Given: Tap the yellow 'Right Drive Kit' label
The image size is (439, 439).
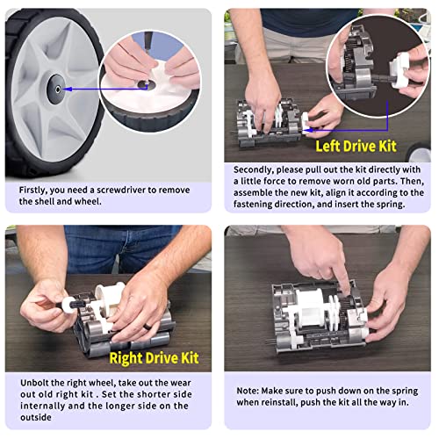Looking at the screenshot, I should [x=154, y=357].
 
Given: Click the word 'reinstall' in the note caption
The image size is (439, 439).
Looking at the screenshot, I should [x=277, y=401].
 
